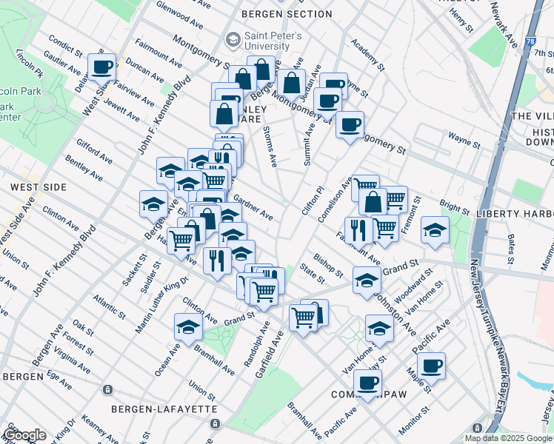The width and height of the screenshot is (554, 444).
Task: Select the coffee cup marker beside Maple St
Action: (431, 366)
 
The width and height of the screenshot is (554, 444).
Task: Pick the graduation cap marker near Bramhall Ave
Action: (188, 326)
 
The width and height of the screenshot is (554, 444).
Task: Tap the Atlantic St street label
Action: (104, 303)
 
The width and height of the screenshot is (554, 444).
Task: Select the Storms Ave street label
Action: (270, 145)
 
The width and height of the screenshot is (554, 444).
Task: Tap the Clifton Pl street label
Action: (313, 200)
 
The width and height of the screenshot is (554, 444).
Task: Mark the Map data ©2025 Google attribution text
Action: (507, 438)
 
